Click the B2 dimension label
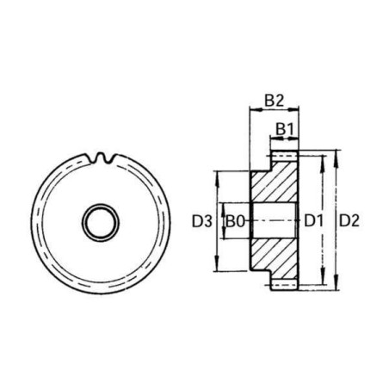[x=274, y=101]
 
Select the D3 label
[x=202, y=221]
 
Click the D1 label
[x=313, y=221]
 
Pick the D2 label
[x=349, y=221]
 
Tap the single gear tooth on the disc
[x=104, y=157]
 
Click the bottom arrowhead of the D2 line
[x=334, y=286]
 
